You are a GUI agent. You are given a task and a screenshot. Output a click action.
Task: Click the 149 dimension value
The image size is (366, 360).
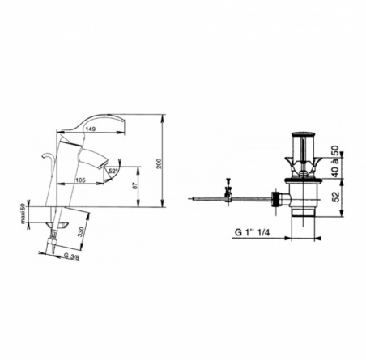click(91, 129)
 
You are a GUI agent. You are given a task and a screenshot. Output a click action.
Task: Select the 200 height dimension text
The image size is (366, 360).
click(160, 163)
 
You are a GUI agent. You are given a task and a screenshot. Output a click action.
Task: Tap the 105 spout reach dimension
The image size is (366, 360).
click(80, 180)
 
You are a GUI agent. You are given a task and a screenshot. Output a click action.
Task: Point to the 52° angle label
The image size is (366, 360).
click(113, 171)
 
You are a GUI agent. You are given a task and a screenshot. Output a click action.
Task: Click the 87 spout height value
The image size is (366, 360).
click(135, 185)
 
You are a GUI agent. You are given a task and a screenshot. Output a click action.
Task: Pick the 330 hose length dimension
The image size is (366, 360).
click(81, 232)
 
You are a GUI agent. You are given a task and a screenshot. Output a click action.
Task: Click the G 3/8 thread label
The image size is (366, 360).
click(71, 256)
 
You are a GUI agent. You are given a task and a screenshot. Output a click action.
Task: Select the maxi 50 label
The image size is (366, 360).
click(23, 214)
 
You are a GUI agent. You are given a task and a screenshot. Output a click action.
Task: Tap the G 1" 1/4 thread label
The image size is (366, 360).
click(252, 232)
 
